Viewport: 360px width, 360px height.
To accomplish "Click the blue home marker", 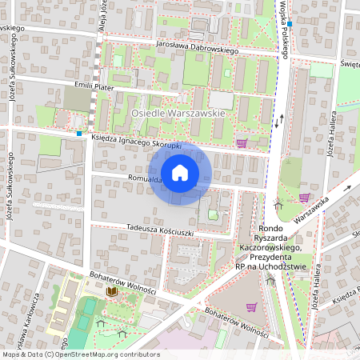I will point(179,173).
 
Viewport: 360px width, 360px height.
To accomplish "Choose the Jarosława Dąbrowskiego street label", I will point(198,49).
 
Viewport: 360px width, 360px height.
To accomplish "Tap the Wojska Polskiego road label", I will point(284,30).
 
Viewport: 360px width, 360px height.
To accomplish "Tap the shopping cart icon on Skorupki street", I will point(242,143).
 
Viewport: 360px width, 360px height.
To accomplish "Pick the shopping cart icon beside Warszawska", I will point(304,197).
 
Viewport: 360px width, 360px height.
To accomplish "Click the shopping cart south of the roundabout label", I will point(251,306).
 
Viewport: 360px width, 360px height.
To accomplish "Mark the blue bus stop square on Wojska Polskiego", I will point(290,24).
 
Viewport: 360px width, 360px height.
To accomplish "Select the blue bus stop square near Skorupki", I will point(80,134).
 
